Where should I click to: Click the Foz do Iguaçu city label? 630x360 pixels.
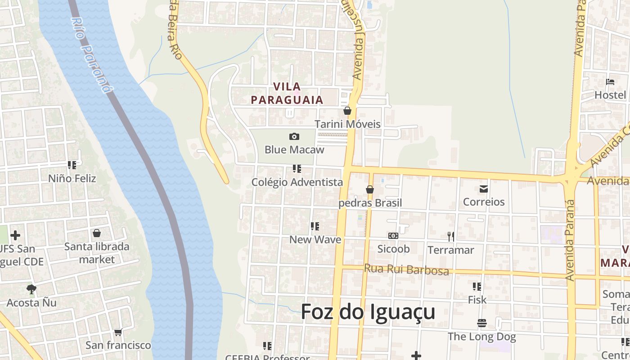point(368,312)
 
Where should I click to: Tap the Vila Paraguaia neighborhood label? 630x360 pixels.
point(287,93)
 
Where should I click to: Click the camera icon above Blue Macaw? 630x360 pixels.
point(294,136)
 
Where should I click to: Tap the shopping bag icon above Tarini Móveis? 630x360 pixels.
point(347,111)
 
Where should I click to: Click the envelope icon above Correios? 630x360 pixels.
point(484,189)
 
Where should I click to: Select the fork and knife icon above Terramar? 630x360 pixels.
point(450,236)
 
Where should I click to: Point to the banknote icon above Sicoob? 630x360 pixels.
point(393,236)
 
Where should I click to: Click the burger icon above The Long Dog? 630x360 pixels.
point(481,323)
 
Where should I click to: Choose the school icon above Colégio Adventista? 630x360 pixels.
point(297,169)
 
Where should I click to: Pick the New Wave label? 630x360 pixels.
point(315,239)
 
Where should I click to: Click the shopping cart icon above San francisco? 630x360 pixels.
point(118,333)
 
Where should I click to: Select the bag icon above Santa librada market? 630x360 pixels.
point(97,233)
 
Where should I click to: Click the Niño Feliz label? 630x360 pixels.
point(72,178)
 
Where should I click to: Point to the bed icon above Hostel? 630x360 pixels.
point(610,82)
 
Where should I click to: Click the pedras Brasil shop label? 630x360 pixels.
point(370,203)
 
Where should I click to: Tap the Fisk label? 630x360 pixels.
point(477,299)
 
